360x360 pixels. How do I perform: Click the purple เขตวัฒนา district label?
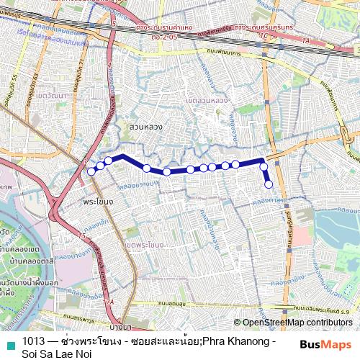coord(51,94)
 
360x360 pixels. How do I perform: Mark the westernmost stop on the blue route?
coord(91,171)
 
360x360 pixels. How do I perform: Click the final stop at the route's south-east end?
coord(269,184)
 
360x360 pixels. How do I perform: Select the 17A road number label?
coord(107,302)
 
